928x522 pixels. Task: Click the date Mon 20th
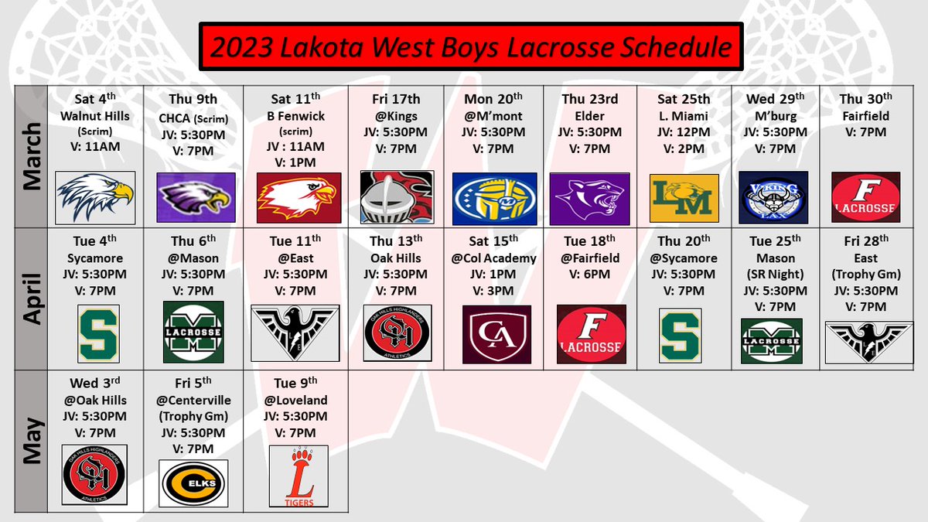[493, 99]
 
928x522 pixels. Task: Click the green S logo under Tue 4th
[97, 333]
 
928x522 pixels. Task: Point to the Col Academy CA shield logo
[496, 334]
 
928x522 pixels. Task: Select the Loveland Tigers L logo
[293, 477]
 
